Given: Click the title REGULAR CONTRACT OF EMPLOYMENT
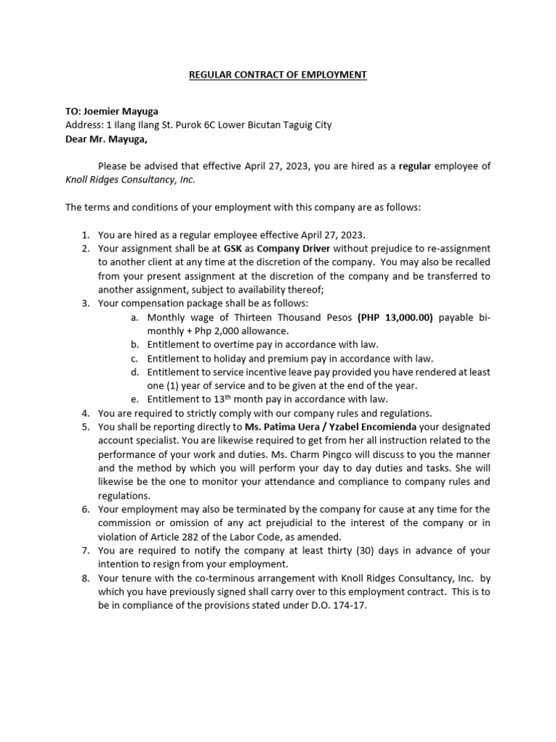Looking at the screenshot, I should pos(278,75).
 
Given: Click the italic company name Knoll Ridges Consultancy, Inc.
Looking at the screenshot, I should pos(130,180).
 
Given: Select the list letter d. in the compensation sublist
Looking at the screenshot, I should pos(135,372).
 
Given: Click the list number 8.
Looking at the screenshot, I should pos(85,578).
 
